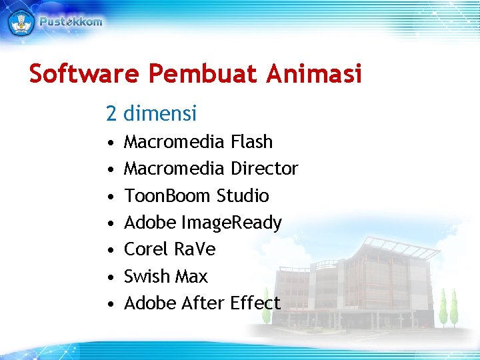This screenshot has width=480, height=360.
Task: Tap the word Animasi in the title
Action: tap(313, 74)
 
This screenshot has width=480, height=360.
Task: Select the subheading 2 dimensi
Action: tap(151, 114)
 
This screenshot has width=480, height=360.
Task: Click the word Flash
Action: tap(251, 142)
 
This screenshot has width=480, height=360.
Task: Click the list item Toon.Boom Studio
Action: tap(197, 196)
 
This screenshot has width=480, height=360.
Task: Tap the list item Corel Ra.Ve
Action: tap(170, 249)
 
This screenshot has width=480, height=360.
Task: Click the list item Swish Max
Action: tap(166, 276)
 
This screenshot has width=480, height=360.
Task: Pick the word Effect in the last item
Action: tap(255, 303)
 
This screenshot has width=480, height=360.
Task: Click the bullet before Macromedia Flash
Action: tap(109, 143)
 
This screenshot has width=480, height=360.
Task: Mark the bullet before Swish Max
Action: tap(109, 277)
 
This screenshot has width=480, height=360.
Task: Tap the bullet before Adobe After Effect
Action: tap(109, 304)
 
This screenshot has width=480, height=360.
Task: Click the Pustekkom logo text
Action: tap(71, 21)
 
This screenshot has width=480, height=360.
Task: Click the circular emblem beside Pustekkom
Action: tap(21, 21)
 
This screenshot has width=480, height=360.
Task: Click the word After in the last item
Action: tap(200, 303)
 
